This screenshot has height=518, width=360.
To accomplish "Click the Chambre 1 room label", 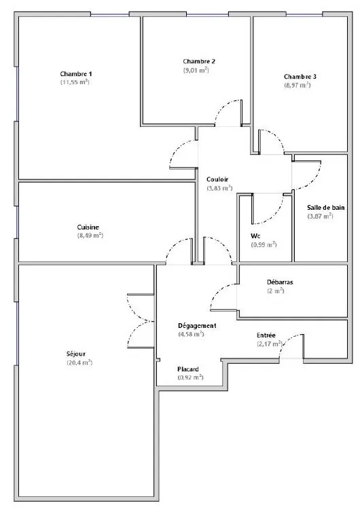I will pos(75,73).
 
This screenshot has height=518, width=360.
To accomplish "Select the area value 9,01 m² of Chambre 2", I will pos(196,70).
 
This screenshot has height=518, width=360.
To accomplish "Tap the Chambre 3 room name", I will pos(300,76).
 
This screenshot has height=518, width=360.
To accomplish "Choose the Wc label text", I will pos(255,236).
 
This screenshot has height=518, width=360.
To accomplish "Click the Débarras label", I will pos(279,281).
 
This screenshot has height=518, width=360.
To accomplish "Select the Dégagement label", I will pos(197,325).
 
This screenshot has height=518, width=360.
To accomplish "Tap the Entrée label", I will pos(266,335).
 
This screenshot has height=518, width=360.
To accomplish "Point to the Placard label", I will pos(188,369).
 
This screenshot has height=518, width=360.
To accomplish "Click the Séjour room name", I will pos(75,354).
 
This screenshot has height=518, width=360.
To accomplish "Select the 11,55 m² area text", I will pos(75,82).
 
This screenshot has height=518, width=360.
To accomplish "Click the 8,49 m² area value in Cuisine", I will pos(90,236).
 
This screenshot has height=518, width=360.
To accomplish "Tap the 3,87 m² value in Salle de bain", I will pos(321,216).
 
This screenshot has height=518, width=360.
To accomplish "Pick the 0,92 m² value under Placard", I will pos(190,377).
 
